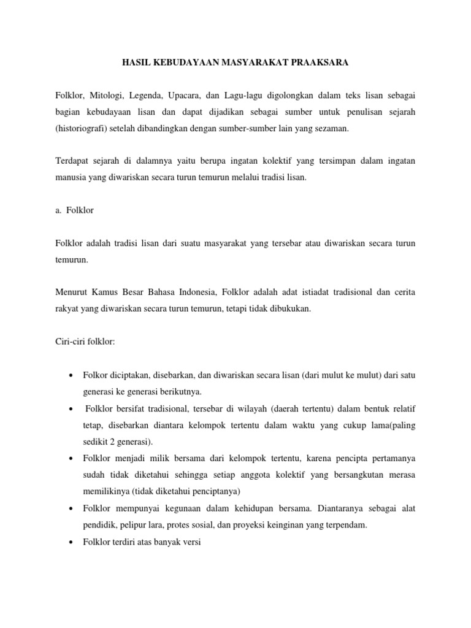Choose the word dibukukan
coord(291,309)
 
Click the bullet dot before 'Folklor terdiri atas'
coord(73,541)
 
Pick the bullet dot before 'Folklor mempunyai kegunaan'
coord(73,508)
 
